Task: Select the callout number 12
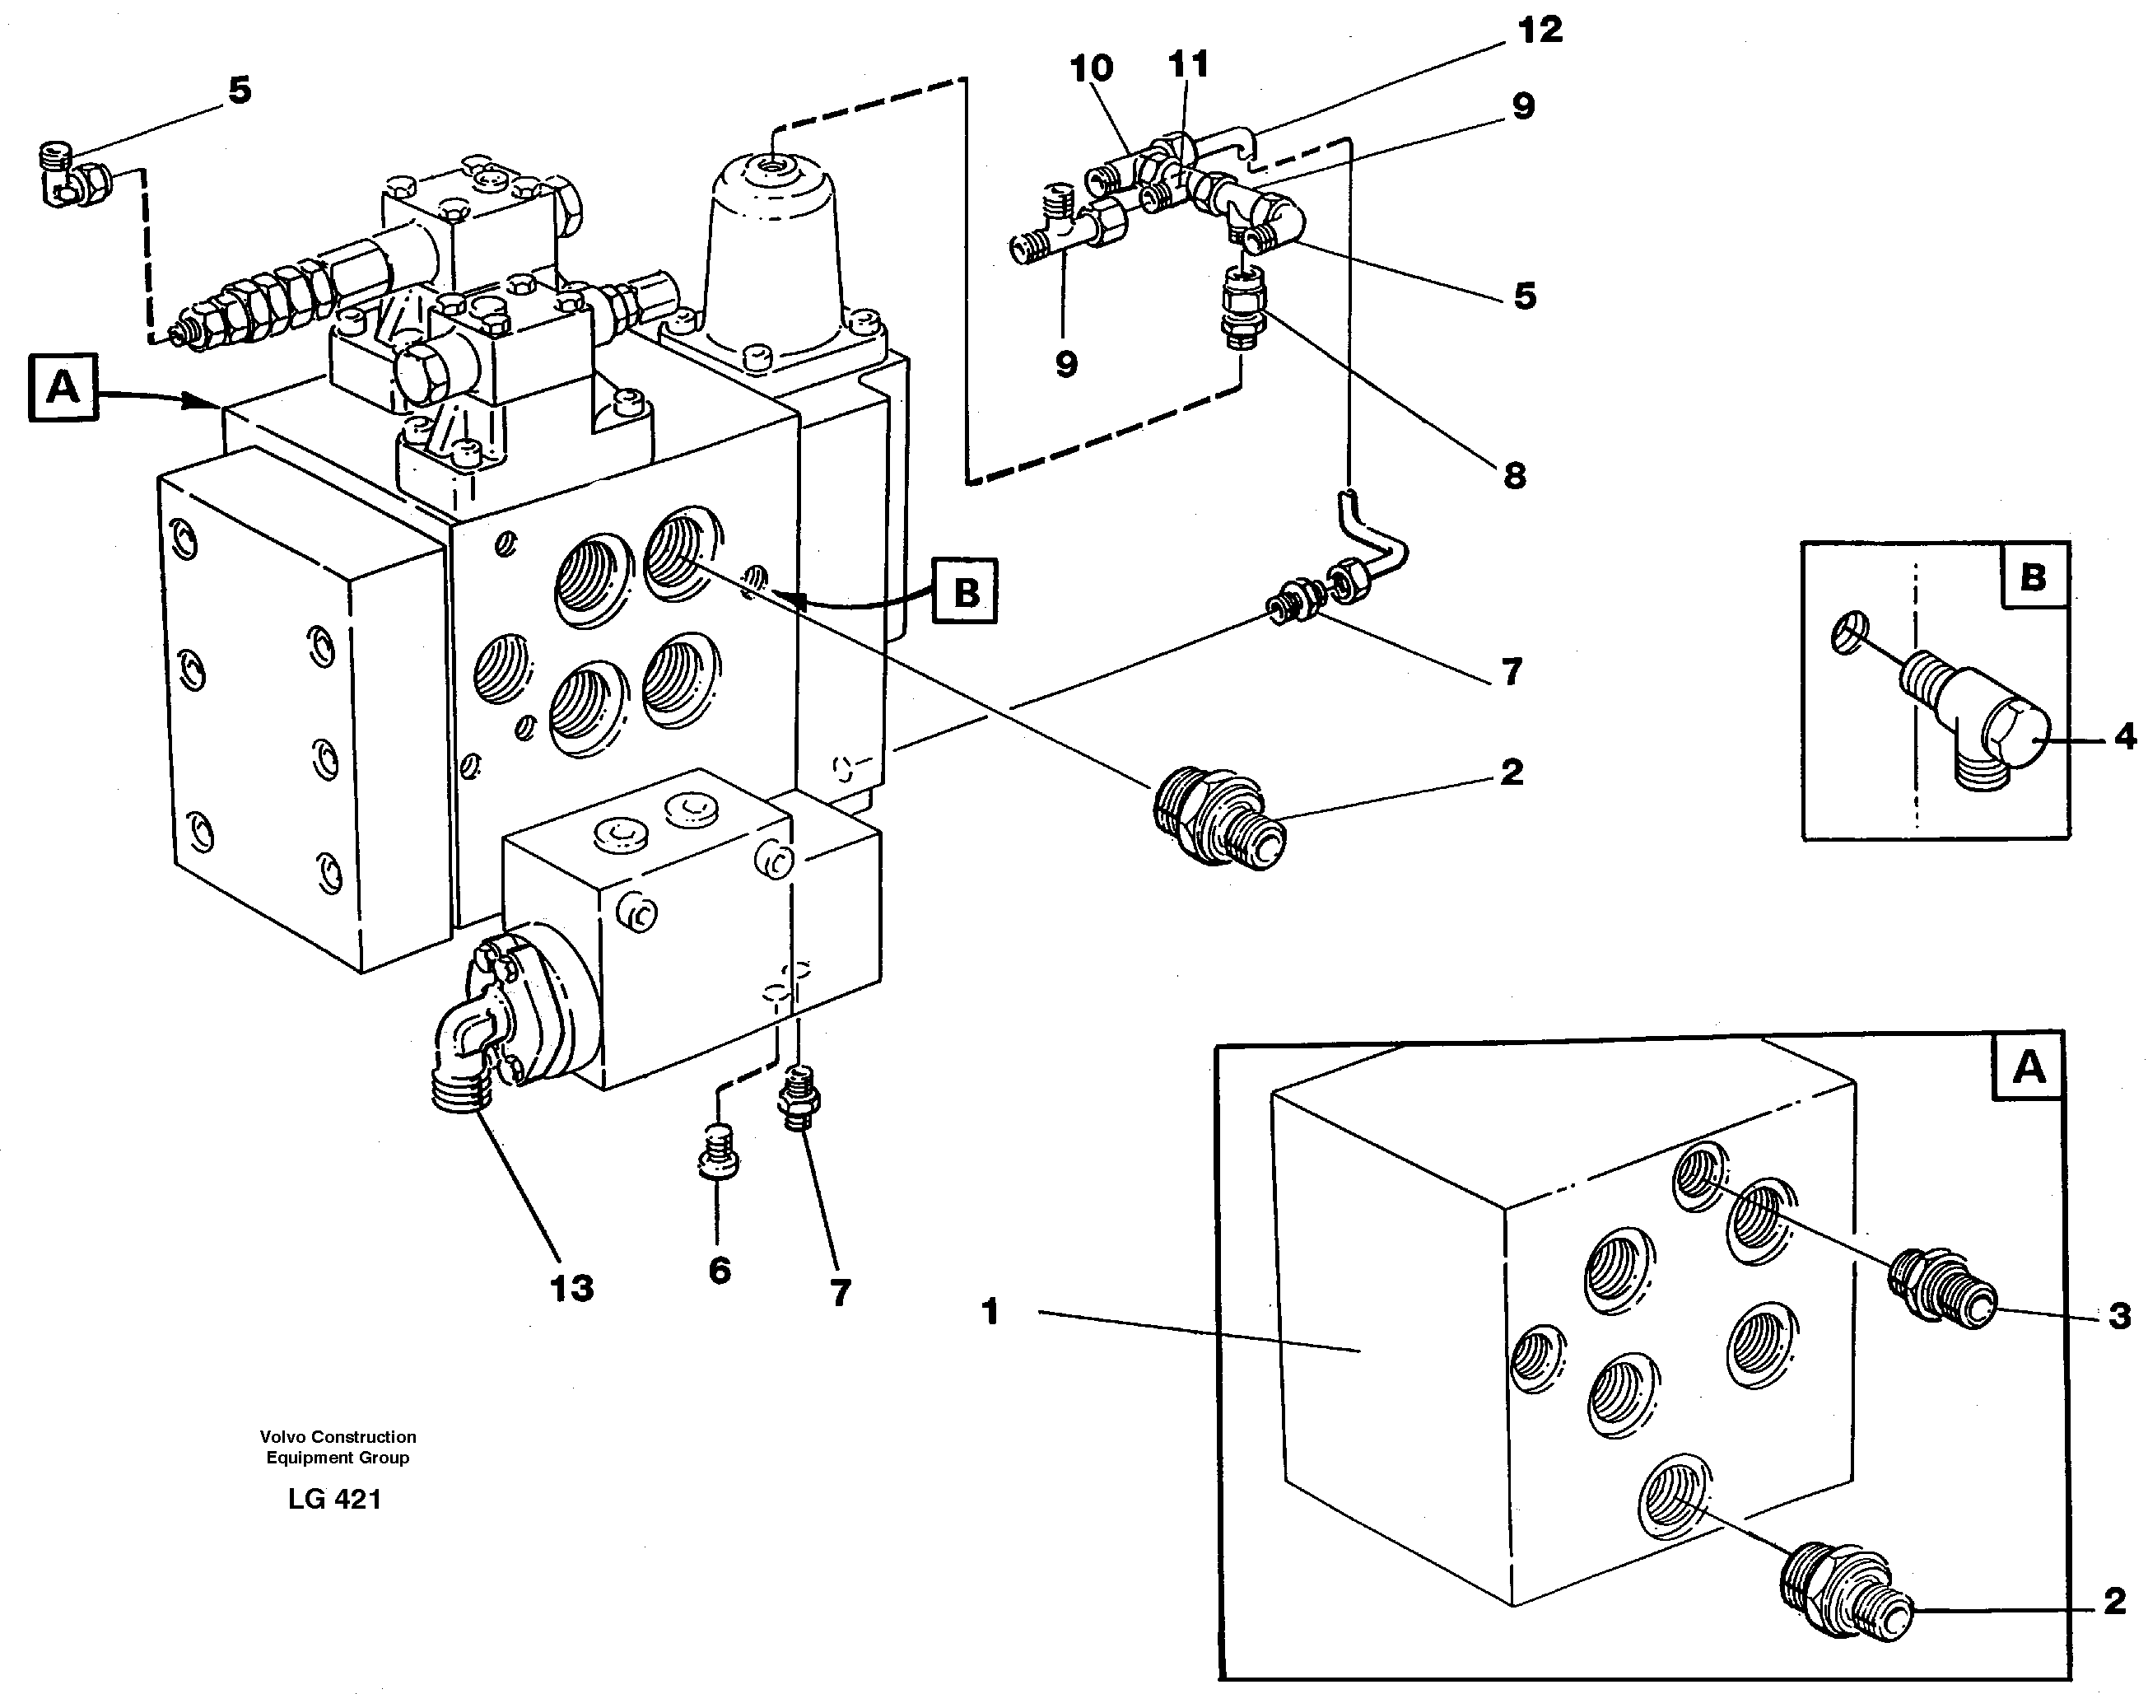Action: click(1539, 30)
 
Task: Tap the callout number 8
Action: click(1513, 476)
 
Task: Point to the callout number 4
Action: click(2124, 736)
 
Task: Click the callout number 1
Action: click(989, 1312)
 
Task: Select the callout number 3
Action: click(2118, 1316)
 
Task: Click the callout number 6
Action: click(720, 1271)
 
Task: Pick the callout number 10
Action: click(1091, 68)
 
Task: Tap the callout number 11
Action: click(1188, 64)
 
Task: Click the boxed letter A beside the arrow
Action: click(63, 387)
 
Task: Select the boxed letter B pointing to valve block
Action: click(965, 592)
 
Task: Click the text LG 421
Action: click(334, 1500)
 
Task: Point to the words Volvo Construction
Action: click(338, 1436)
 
